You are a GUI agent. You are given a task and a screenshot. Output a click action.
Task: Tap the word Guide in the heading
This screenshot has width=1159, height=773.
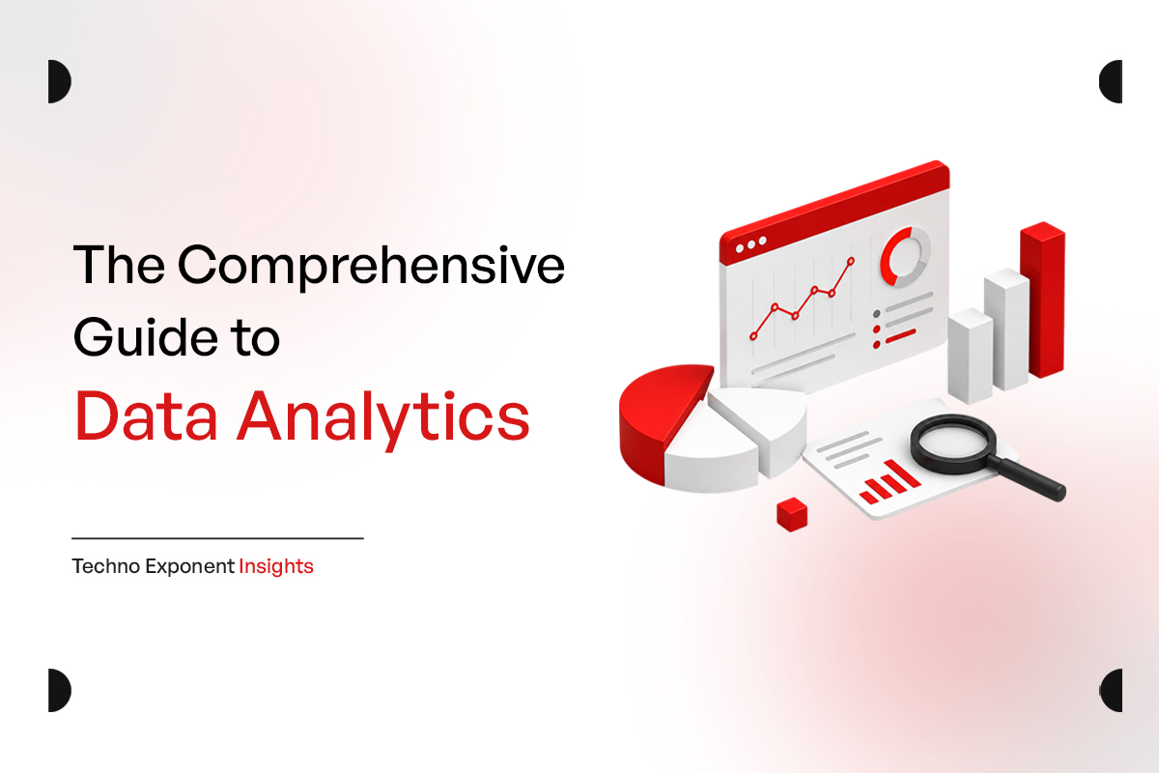tap(146, 337)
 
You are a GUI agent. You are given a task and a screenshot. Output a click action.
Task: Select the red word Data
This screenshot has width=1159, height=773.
tap(146, 416)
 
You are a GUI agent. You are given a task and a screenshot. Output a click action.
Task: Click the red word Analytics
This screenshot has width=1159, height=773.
tap(383, 420)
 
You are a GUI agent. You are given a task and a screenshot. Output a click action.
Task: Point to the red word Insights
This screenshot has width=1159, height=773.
tap(276, 567)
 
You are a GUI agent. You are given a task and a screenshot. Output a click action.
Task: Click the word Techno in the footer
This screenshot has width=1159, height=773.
tap(106, 566)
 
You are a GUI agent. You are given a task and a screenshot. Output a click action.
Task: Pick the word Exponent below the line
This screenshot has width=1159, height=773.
tap(190, 567)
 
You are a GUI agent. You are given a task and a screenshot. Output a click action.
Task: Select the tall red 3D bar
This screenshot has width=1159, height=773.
tap(1042, 300)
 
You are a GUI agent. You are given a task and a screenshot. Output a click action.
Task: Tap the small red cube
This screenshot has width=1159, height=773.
tap(792, 514)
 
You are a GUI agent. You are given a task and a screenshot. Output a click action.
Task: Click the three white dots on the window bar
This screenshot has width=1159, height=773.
tap(750, 244)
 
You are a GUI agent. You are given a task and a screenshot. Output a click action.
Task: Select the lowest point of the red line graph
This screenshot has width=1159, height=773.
tap(753, 336)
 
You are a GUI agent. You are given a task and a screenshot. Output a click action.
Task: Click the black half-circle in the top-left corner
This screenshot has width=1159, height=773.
tap(58, 81)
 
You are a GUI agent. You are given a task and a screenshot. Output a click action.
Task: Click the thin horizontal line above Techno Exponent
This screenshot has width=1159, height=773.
tap(218, 538)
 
